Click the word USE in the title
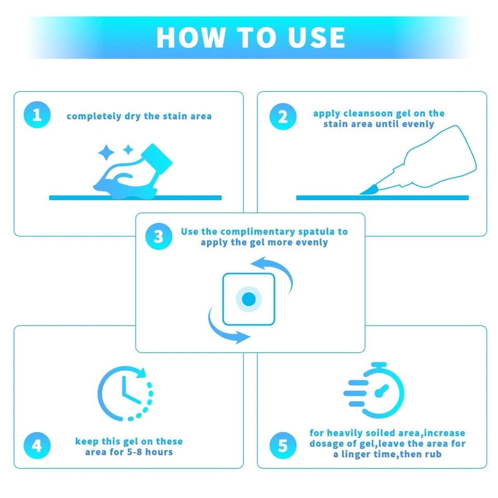coord(316,37)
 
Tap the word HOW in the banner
coord(191,37)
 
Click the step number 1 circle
coord(37,115)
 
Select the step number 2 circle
coord(283,117)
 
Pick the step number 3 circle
coord(159,237)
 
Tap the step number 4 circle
coord(37,446)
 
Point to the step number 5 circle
coord(283,446)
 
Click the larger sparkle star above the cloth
coord(106,153)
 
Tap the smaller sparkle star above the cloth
coord(128,149)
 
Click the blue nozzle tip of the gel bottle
coord(369,190)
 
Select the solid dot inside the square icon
coord(248,299)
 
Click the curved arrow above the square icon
coord(273,269)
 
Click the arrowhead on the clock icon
coord(141,372)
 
